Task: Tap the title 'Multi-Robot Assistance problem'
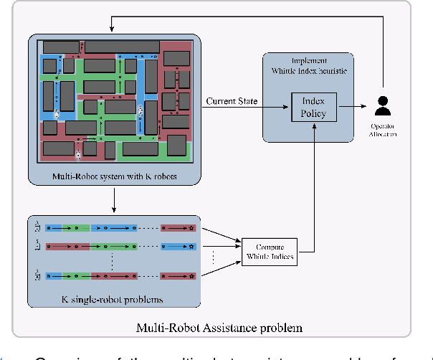(x=219, y=328)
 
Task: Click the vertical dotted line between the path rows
(x=113, y=260)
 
